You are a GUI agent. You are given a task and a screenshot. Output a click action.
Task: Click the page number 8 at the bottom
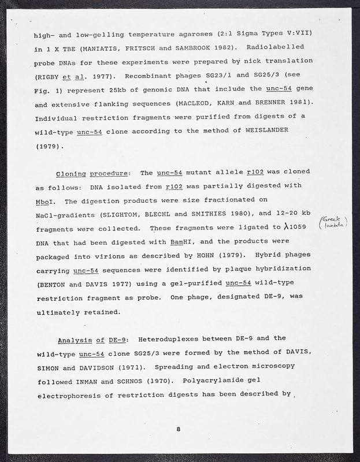pos(179,429)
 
